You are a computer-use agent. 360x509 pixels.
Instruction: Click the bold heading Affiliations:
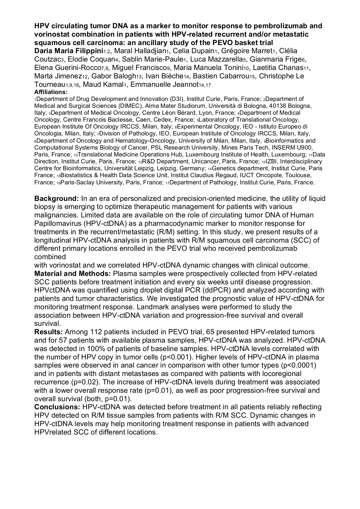pos(51,92)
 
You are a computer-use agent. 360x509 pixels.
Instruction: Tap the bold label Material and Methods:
pos(73,274)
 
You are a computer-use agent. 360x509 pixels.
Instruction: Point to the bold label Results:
pos(48,332)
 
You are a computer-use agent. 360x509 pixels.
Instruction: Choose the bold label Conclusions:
pos(57,407)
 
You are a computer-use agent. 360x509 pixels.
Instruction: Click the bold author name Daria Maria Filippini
pos(69,51)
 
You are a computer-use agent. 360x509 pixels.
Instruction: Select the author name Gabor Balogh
pos(111,76)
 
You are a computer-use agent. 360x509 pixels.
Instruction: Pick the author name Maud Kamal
pos(102,85)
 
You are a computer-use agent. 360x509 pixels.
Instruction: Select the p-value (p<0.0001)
pos(298,365)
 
